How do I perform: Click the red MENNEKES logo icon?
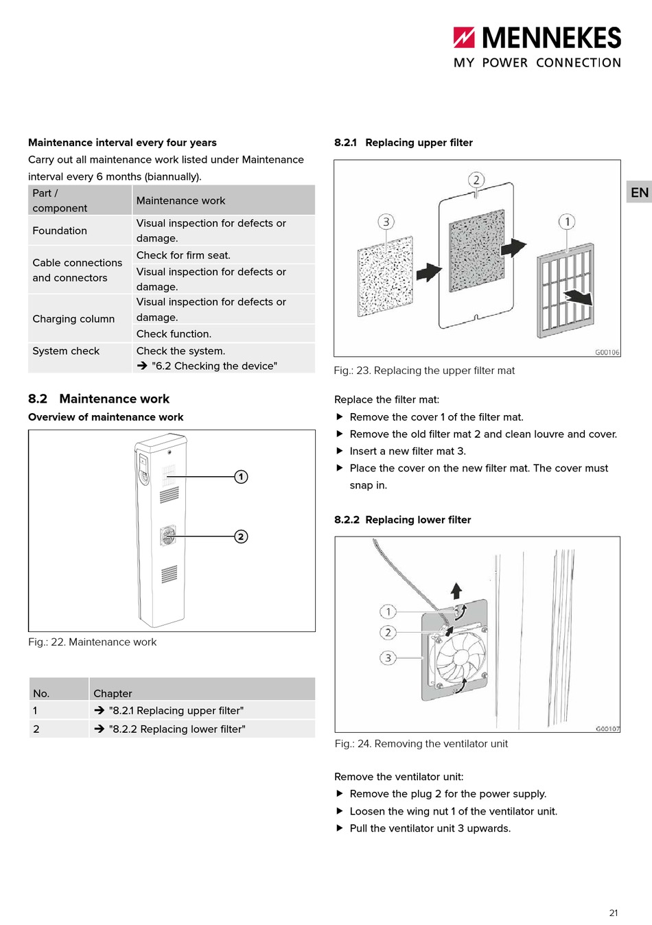464,38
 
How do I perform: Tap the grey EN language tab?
639,192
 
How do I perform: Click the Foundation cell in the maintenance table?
60,231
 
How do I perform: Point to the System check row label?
66,351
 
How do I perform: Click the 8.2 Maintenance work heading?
99,399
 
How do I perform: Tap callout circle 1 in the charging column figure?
241,477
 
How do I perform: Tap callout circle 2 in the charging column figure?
241,537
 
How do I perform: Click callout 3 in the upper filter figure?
386,222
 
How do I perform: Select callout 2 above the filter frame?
476,180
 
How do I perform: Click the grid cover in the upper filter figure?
566,290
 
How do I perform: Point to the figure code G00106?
607,352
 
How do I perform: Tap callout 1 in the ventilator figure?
388,611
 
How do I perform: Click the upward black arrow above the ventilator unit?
456,591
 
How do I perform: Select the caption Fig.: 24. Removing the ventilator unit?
421,744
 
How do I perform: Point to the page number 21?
614,913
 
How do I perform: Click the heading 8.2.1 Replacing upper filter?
404,143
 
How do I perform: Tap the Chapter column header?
113,693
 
